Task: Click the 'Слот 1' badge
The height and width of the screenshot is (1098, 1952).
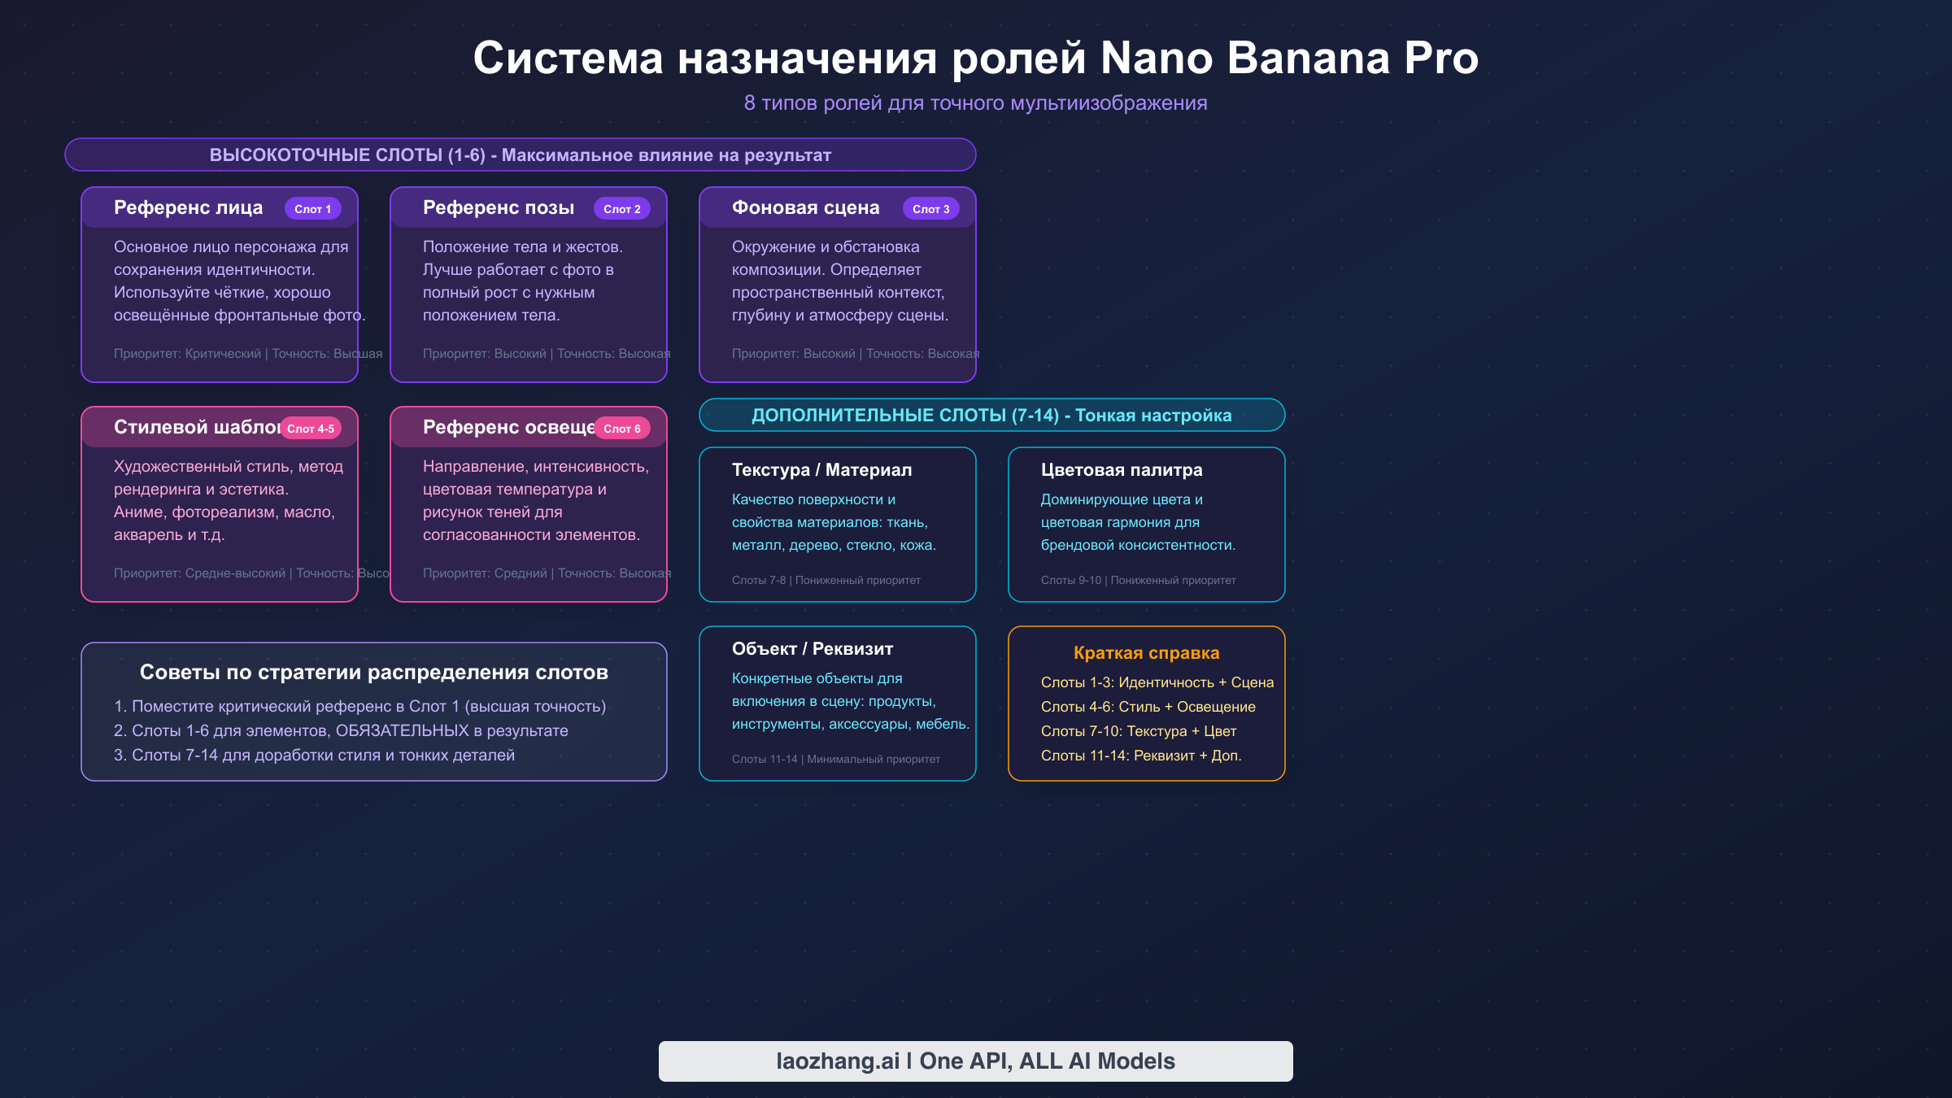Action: pos(313,209)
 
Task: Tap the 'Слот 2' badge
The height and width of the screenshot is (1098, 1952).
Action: pos(622,209)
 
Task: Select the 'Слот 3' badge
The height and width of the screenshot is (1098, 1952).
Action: pos(931,209)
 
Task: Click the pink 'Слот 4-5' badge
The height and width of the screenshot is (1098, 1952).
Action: pos(311,429)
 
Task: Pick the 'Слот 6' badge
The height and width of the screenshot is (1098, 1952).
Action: pos(622,429)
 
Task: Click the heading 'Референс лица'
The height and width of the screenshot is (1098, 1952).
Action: pos(188,208)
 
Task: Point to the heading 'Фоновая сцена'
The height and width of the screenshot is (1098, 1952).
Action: pos(805,208)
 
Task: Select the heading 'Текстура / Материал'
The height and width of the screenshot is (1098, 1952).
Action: pos(821,470)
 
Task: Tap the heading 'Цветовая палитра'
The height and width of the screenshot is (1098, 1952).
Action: pos(1121,470)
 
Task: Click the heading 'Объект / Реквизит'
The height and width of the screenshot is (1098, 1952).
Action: pos(812,649)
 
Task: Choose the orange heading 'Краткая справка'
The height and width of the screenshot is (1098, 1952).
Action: pos(1146,653)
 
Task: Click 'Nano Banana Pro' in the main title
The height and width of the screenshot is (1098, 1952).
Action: pos(1289,59)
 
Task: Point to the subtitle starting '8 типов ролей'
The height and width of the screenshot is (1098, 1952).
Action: pos(975,103)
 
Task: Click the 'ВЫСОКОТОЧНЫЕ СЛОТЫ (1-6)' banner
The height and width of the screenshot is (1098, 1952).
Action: pos(520,155)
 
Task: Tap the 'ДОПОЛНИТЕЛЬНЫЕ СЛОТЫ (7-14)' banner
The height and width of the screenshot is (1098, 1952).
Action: pos(991,416)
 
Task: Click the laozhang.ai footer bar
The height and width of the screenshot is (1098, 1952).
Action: pos(975,1061)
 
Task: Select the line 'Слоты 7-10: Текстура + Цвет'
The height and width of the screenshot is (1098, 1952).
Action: pos(1138,731)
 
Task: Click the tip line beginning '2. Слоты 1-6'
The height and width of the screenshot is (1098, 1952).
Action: pos(341,731)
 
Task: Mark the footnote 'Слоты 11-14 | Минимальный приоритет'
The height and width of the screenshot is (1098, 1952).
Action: pos(835,760)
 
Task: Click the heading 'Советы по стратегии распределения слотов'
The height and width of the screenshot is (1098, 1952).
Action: pos(373,673)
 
